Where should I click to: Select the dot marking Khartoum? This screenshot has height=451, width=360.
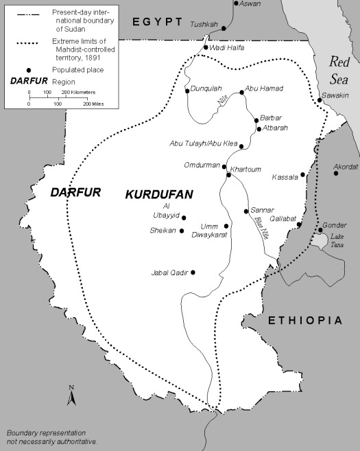click(x=229, y=174)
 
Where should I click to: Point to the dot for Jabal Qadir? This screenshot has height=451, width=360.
click(x=193, y=273)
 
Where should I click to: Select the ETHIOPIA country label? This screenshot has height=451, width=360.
click(x=304, y=321)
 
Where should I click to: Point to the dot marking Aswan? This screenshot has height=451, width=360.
click(x=235, y=3)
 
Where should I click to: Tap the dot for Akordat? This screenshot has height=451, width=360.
click(x=336, y=173)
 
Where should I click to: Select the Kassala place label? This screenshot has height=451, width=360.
click(x=285, y=176)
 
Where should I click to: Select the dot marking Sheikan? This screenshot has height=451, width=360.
click(x=182, y=231)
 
